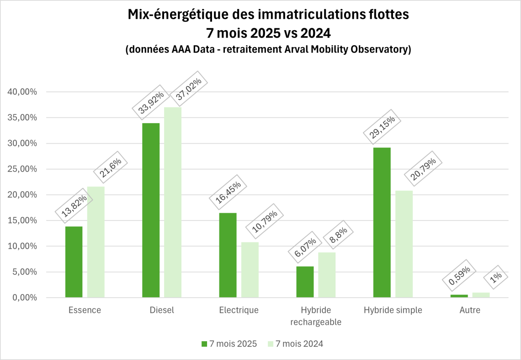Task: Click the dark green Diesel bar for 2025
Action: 151,210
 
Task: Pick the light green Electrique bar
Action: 250,270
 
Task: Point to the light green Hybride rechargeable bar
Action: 327,275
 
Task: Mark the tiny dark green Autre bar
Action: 459,296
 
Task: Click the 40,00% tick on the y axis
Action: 22,92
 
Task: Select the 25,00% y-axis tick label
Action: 22,169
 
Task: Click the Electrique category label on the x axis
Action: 239,310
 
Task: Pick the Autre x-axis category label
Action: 470,310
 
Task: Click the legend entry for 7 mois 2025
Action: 229,344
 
